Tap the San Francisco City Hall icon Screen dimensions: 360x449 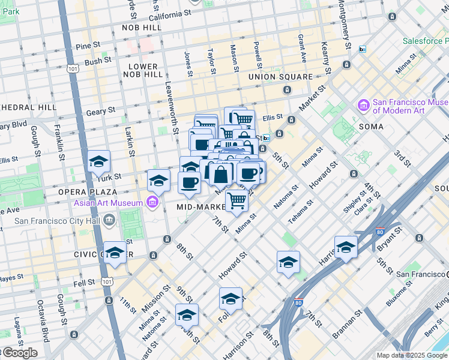[109, 220]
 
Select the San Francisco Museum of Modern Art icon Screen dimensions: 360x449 [363, 106]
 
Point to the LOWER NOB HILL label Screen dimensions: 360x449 [143, 70]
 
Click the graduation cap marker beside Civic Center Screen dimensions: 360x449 [115, 253]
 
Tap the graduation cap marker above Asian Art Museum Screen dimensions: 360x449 [158, 179]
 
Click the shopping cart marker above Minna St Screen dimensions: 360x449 [237, 201]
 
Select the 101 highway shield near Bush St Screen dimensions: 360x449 [73, 69]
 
